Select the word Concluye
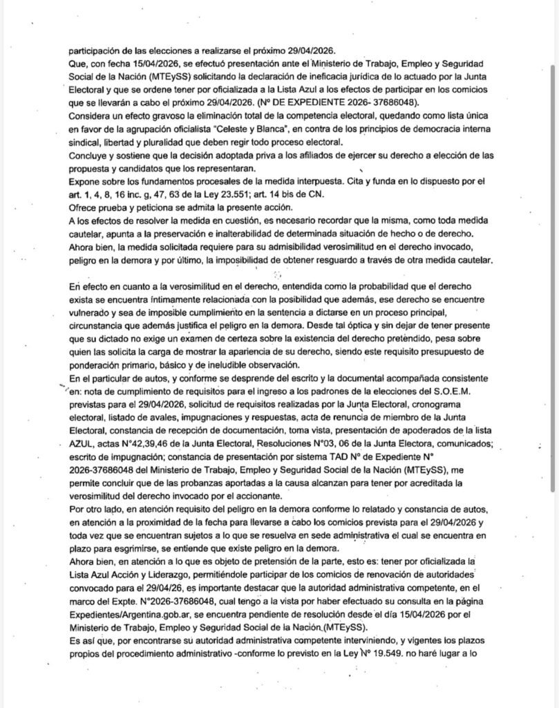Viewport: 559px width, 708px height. pyautogui.click(x=89, y=154)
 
